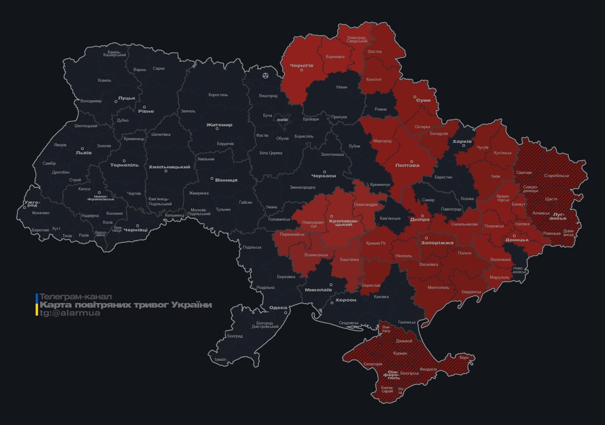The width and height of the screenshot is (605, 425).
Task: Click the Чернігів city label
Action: (x=301, y=65)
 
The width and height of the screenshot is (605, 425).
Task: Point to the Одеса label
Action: (x=278, y=308)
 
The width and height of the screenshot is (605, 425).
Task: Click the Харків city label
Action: (x=462, y=142)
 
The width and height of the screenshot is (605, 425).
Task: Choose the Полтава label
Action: (x=407, y=165)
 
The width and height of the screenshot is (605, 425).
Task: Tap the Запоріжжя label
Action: (x=437, y=242)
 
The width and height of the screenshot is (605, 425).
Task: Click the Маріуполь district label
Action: (x=500, y=277)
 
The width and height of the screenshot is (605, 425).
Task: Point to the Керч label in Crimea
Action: (x=464, y=357)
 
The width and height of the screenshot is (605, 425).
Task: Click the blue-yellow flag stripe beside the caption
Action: (x=36, y=304)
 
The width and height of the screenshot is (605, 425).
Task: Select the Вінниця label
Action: (x=226, y=180)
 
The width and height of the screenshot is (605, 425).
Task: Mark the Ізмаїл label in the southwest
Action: (x=220, y=359)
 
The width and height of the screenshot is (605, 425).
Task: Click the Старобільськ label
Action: (x=556, y=175)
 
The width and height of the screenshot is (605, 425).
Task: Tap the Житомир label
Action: (x=219, y=125)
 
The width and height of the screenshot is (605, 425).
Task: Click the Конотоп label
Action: (x=374, y=79)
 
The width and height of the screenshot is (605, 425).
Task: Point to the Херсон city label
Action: (x=346, y=300)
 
